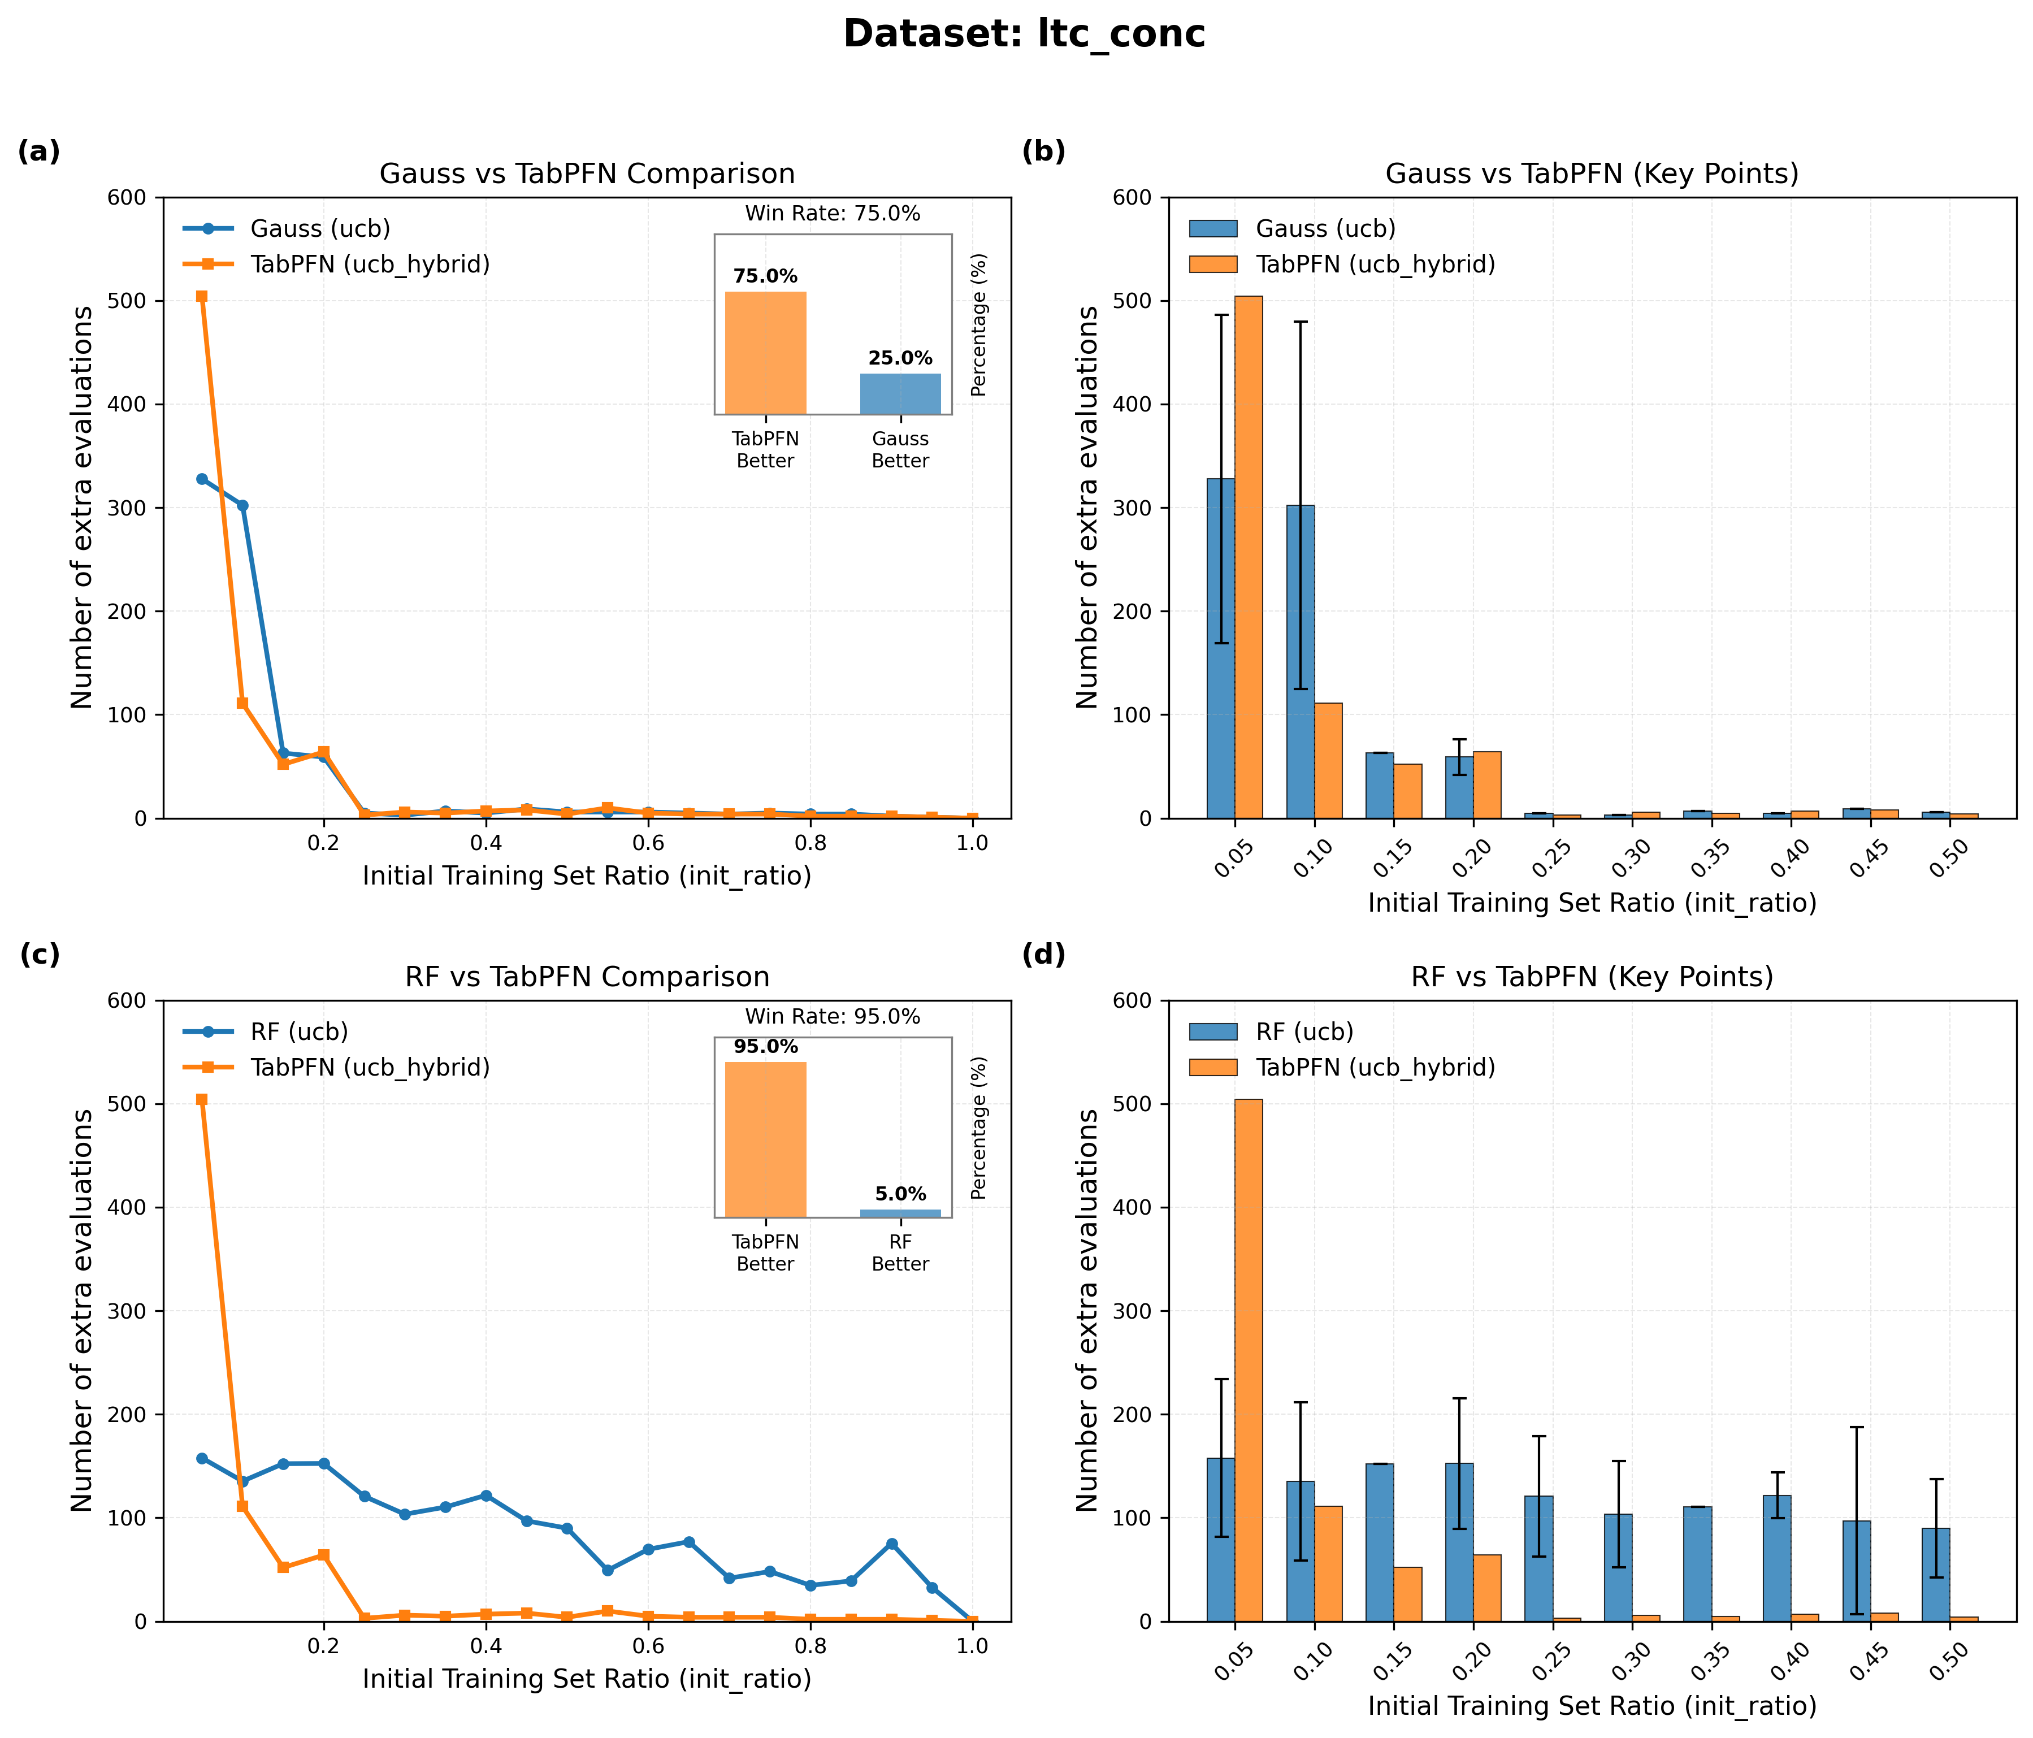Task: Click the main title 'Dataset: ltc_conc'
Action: [1024, 34]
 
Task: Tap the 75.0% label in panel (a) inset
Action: [765, 277]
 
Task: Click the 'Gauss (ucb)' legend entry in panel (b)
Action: [1325, 229]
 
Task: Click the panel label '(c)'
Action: [39, 955]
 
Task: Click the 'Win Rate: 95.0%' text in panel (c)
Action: [832, 1017]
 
